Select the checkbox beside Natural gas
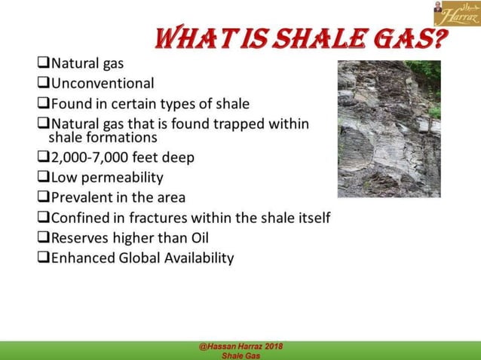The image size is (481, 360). coord(42,63)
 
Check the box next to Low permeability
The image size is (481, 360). coord(42,178)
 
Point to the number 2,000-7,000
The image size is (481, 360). coord(90,159)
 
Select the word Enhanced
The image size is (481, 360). coord(81,258)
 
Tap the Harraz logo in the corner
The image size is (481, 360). coord(456,13)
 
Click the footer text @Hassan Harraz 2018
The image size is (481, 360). coord(241,346)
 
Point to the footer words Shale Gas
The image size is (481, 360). coord(241,355)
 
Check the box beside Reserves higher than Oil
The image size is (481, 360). coord(42,238)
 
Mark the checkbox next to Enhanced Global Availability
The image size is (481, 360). coord(42,258)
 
